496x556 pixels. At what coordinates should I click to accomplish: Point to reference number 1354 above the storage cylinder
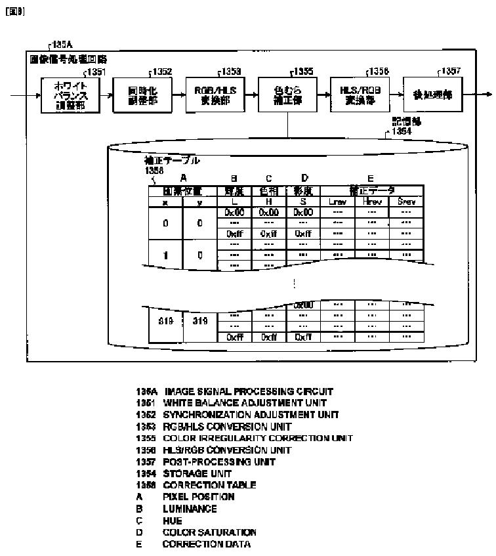[401, 131]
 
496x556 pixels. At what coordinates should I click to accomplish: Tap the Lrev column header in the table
[338, 202]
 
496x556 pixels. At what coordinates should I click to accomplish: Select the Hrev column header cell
[372, 202]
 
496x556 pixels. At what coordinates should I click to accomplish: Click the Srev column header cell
[406, 202]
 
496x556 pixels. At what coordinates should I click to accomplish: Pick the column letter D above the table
[304, 178]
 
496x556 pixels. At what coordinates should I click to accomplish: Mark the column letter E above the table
[372, 178]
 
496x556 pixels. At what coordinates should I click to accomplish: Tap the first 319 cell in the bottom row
[165, 322]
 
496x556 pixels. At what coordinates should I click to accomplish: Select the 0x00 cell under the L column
[234, 212]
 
